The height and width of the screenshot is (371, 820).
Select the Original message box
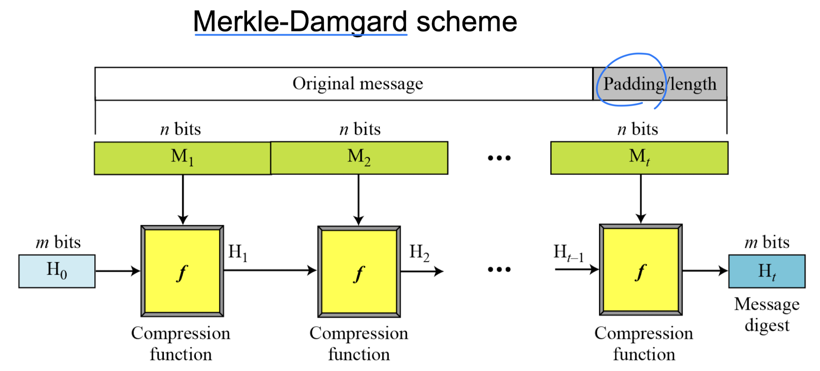coord(344,84)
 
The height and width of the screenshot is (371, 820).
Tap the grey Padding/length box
coord(660,84)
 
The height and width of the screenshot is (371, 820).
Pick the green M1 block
coord(182,158)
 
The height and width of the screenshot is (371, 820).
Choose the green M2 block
coord(359,158)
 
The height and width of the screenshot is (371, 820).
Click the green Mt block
coord(639,158)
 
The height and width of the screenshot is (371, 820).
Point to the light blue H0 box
coord(57,271)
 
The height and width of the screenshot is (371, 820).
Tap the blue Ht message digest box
coord(767,271)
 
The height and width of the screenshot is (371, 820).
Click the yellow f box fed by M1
coord(182,271)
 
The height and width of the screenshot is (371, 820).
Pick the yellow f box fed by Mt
coord(640,270)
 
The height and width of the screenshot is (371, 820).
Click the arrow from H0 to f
coord(117,271)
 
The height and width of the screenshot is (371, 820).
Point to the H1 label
coord(238,252)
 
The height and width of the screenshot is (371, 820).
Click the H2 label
coord(419,252)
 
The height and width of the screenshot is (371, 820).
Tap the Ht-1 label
coord(568,252)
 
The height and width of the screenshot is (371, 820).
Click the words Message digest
coord(767,315)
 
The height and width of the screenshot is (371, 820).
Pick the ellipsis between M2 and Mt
coord(499,158)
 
